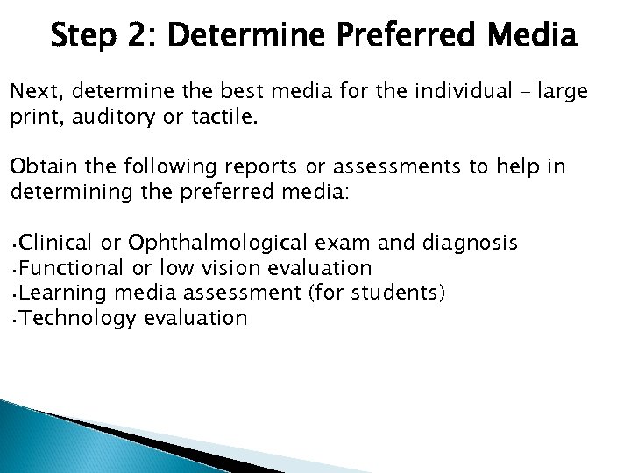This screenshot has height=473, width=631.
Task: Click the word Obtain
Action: click(39, 167)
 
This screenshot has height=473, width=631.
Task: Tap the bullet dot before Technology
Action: click(14, 319)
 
